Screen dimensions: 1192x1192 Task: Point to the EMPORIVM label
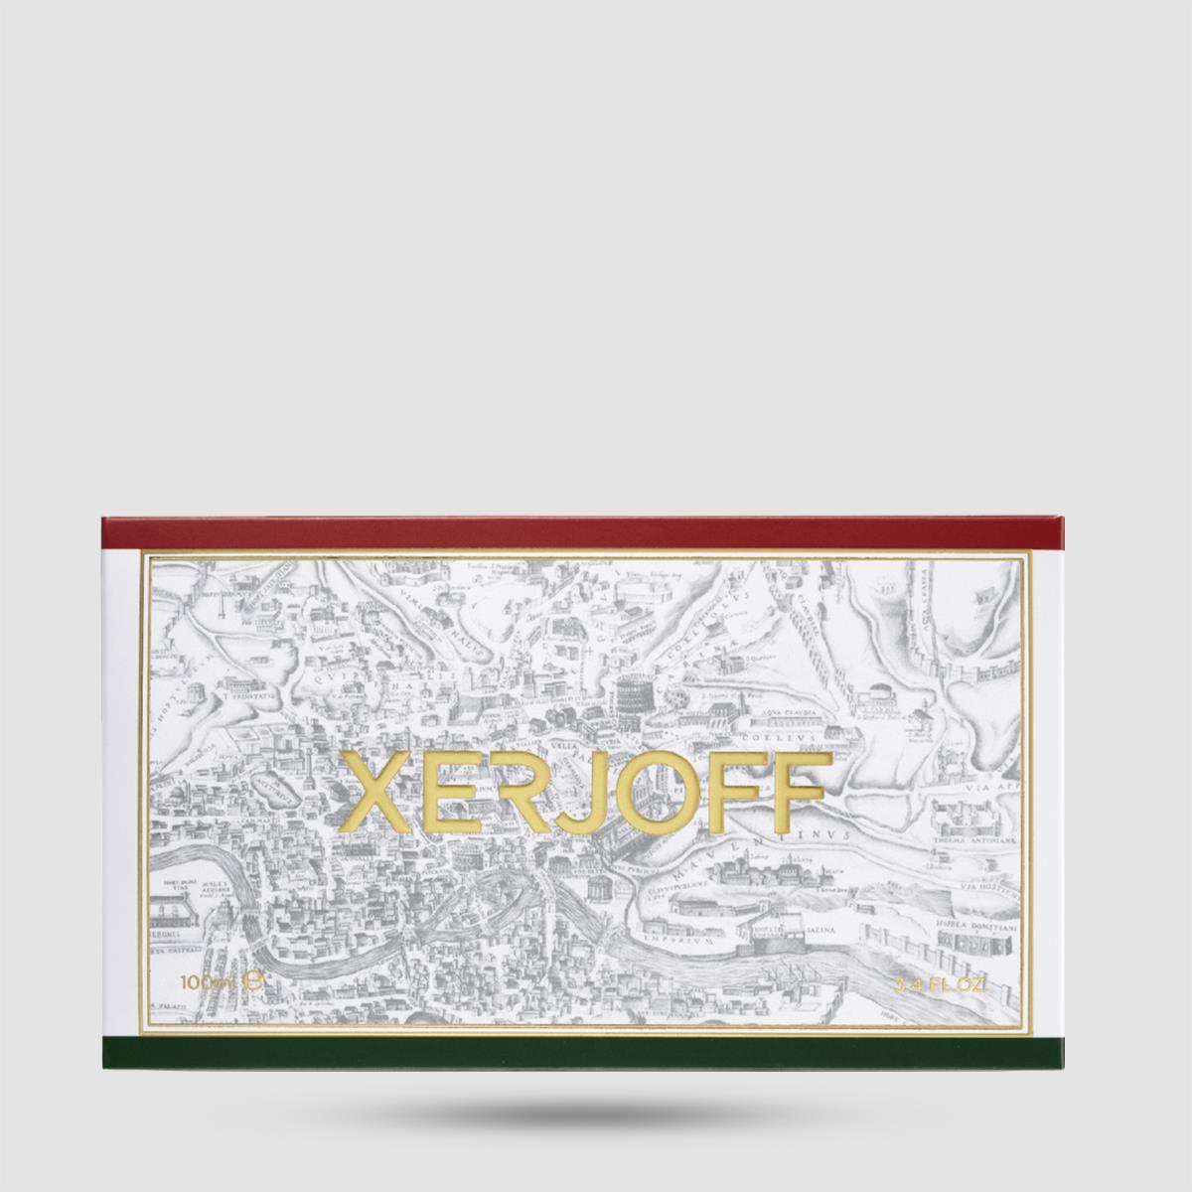pyautogui.click(x=672, y=937)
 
